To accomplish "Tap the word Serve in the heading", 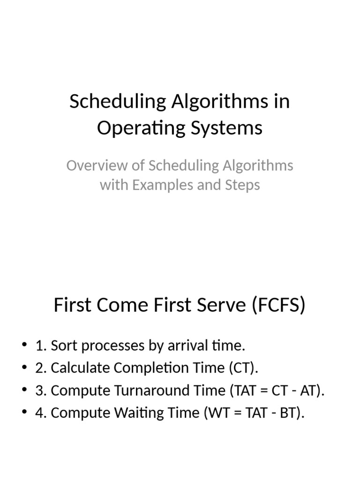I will (x=222, y=305).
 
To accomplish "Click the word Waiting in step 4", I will (x=130, y=413).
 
